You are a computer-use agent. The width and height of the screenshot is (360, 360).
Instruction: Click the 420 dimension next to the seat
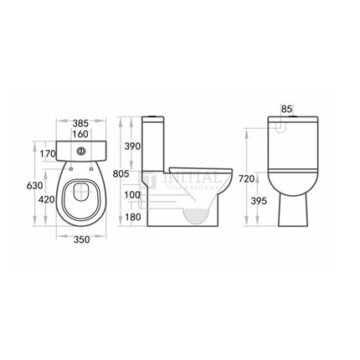(x=49, y=199)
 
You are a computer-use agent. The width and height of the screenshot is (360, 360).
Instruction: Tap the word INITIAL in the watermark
(x=195, y=177)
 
